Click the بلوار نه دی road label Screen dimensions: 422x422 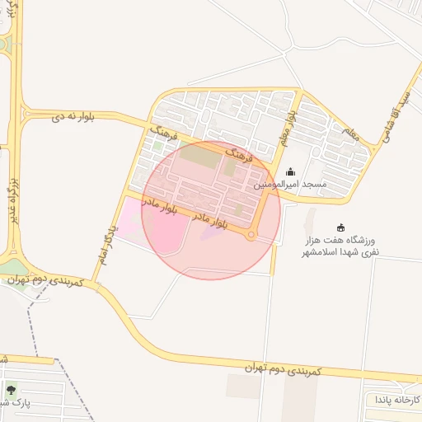click(73, 118)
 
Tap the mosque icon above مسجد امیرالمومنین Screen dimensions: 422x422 click(290, 172)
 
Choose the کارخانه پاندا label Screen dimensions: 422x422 click(394, 400)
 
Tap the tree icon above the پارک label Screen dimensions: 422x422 click(11, 390)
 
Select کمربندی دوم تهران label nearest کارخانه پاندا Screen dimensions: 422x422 click(285, 368)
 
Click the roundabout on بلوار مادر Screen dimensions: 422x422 click(251, 237)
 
